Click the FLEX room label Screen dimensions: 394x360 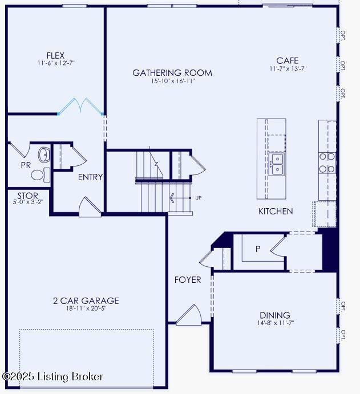[x=55, y=55]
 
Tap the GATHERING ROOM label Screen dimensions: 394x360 [x=172, y=73]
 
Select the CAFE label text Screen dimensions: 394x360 [x=287, y=61]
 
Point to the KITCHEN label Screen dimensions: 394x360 [x=276, y=211]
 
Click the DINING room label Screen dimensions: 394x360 [x=275, y=315]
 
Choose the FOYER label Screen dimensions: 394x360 [x=188, y=279]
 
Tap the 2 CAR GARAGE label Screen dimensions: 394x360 [x=86, y=300]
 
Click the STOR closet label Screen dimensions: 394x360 [x=27, y=196]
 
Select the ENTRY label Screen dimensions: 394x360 [x=90, y=177]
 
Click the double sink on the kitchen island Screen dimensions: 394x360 [x=278, y=164]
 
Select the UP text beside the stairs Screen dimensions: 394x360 [x=199, y=198]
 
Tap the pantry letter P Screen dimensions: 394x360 [x=258, y=249]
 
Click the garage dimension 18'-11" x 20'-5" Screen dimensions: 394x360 [x=86, y=308]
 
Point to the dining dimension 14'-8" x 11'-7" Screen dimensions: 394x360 [x=275, y=323]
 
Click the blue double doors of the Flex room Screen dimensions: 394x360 [x=81, y=107]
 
